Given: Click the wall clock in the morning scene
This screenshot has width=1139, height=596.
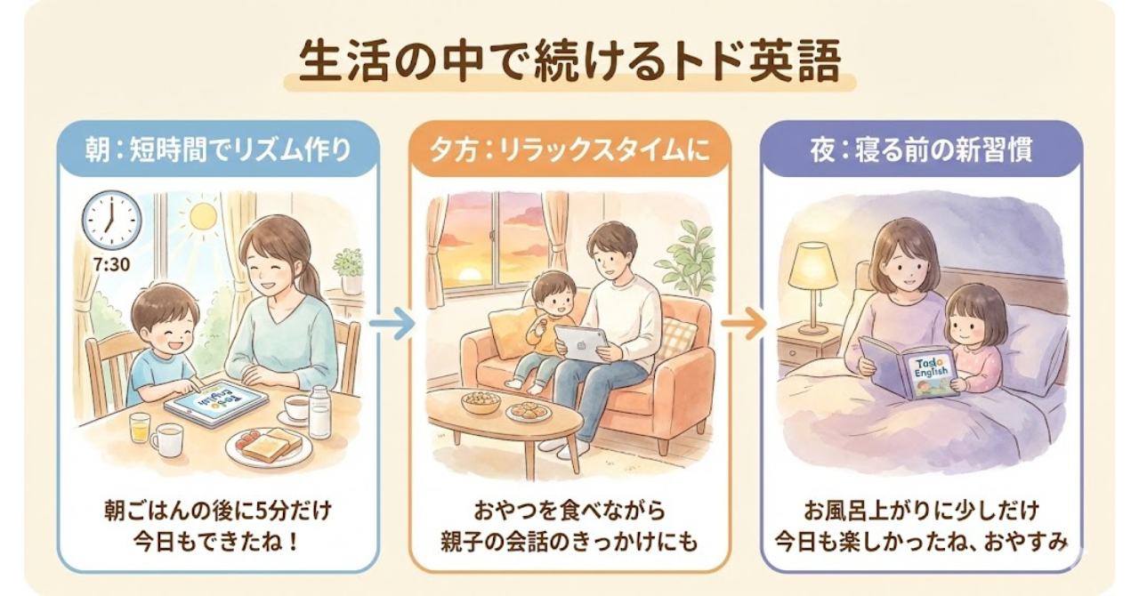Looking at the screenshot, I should pos(111,220).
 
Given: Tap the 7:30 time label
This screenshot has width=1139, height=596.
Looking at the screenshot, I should pos(111,265).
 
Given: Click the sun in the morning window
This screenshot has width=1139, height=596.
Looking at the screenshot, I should pos(203,216).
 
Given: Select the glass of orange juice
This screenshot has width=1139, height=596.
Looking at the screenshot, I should pos(140,427).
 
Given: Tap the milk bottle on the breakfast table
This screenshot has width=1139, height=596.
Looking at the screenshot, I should pos(319,411).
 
